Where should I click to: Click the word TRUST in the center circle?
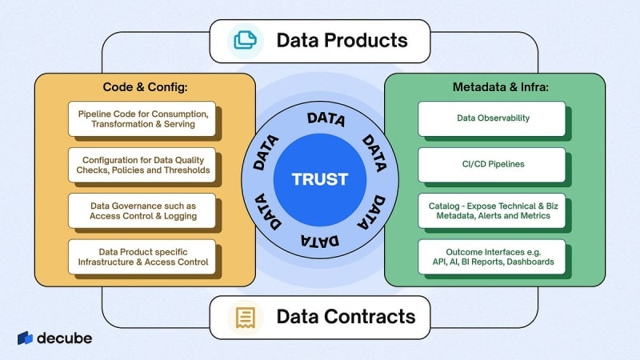319,178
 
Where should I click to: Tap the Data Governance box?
142,210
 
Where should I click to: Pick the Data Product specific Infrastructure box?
142,256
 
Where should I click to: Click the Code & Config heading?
142,86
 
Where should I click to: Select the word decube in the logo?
64,338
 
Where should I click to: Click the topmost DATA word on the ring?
326,121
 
